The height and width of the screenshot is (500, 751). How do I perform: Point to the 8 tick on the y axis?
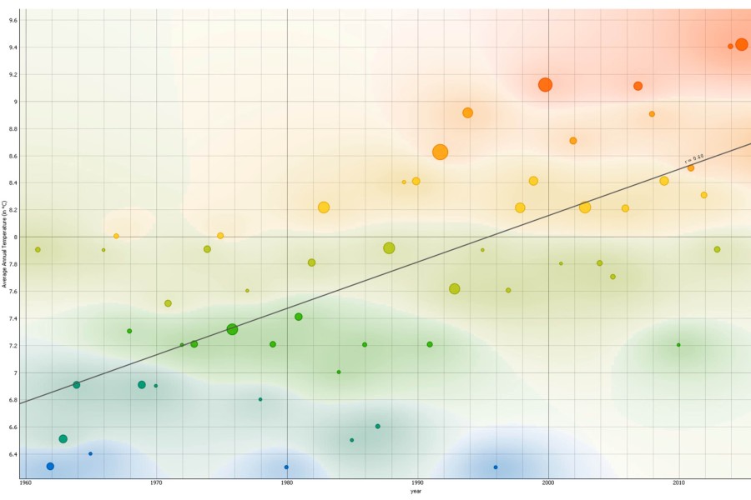(x=14, y=237)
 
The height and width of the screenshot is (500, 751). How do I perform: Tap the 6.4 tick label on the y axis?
(x=11, y=454)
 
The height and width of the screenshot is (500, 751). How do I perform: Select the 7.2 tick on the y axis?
(x=11, y=345)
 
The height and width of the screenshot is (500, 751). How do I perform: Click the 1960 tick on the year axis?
(x=25, y=482)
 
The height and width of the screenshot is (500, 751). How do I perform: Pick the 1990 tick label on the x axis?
(x=417, y=482)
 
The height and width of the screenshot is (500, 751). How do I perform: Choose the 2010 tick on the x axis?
(x=678, y=482)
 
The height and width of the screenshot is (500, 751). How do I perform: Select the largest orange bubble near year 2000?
(x=545, y=84)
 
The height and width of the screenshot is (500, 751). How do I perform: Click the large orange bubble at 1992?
(x=441, y=152)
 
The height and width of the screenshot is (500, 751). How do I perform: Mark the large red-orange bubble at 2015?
(x=742, y=44)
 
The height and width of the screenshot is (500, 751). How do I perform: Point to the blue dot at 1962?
(x=50, y=466)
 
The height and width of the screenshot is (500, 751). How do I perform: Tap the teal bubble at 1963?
(x=63, y=438)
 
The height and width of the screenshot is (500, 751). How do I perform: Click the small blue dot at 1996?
(x=496, y=467)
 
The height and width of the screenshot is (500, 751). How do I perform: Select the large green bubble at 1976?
(x=232, y=329)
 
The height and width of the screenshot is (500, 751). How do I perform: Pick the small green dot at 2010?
(x=678, y=344)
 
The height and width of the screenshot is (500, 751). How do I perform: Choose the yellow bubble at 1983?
(x=324, y=207)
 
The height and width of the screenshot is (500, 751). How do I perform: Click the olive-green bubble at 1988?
(x=389, y=248)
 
